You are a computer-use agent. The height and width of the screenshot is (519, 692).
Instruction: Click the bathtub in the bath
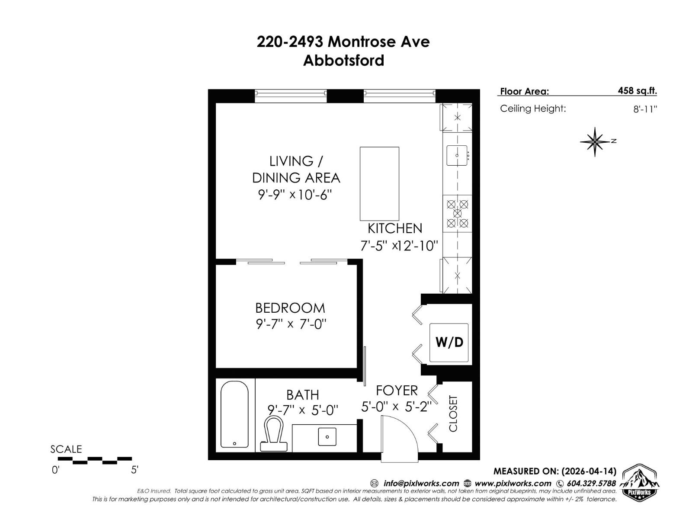tap(234, 414)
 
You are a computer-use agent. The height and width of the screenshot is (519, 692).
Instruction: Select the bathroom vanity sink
tap(327, 436)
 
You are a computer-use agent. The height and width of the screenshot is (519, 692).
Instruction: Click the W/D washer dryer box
tap(449, 343)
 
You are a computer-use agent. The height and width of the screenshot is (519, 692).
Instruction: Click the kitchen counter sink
tap(457, 155)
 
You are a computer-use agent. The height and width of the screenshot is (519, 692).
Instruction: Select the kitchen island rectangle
tap(379, 183)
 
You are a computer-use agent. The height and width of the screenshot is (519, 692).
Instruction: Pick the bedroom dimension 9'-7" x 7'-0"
tap(291, 324)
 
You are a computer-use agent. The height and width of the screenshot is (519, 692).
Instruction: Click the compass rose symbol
tap(595, 141)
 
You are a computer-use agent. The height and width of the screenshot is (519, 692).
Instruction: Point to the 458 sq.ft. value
tap(637, 91)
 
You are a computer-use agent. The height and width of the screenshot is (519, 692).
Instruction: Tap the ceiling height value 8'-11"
tap(644, 109)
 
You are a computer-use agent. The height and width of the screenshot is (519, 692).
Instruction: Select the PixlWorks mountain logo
tap(640, 483)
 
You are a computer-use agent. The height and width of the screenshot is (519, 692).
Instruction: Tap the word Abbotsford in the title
tap(343, 60)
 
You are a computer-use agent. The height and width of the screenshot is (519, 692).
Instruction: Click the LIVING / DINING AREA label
tap(296, 169)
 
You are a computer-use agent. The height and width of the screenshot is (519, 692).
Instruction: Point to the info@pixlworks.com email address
tap(421, 484)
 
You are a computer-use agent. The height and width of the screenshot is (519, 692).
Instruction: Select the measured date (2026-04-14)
tap(589, 471)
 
